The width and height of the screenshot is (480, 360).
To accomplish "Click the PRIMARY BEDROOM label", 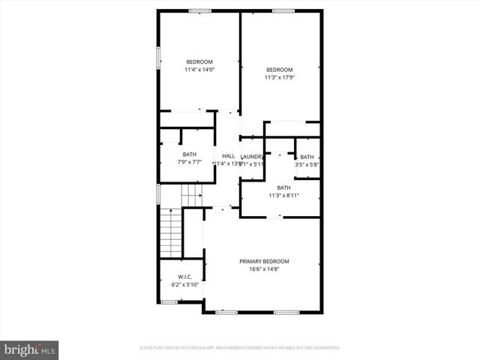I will pos(264,261).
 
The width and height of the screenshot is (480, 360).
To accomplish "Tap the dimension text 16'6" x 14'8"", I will pos(264,270).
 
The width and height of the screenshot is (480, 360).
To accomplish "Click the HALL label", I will pos(228,156).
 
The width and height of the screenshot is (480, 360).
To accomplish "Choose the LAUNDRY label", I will pos(252,156).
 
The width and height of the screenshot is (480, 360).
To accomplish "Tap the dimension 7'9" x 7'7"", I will pos(189,162).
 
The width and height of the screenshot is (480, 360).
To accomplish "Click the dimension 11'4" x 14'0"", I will pos(199,70).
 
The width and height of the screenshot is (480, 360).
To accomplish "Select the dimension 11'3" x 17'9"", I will pos(280,76).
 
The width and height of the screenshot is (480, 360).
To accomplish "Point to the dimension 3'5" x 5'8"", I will pos(307,164).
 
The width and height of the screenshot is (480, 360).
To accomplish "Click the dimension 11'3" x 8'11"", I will pos(283,195).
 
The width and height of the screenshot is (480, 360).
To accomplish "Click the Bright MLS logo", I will pos(29,349).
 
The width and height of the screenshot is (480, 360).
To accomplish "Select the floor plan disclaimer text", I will pos(240,348).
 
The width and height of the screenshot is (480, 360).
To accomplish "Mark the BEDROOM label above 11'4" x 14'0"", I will pos(199,61).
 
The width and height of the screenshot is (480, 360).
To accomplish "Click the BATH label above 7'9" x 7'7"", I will pos(189,154).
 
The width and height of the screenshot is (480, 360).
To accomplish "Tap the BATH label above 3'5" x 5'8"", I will pos(307,157).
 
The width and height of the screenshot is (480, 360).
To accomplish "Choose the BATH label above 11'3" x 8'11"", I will pos(283,187).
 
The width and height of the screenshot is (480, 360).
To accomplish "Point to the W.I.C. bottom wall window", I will pos(169,301).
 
